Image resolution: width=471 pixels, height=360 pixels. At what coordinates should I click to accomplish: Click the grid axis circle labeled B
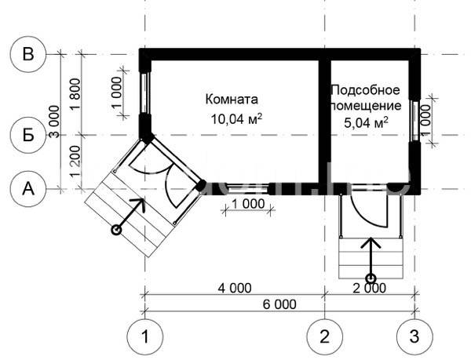28,54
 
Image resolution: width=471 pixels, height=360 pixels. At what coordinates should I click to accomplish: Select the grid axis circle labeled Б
28,136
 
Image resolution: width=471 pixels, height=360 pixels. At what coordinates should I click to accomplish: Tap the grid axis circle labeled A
28,189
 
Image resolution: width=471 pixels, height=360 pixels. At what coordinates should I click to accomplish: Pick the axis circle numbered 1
145,336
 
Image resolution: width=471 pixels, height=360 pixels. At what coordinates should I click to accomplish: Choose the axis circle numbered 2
325,336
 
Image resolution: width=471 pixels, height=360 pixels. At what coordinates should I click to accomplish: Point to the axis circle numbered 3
414,336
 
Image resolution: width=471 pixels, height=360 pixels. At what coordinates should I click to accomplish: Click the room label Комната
232,100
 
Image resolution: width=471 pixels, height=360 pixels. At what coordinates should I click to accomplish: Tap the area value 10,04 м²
236,118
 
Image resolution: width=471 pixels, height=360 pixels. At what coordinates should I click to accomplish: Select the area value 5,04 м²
366,122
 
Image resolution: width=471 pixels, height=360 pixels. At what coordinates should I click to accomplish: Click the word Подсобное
366,89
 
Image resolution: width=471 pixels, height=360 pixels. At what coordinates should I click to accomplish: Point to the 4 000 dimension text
235,288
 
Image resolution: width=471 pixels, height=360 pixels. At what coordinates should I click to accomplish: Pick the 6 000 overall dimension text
279,304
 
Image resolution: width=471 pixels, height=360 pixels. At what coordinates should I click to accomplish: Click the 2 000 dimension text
370,288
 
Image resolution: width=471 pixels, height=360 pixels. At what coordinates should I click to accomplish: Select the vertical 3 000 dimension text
54,122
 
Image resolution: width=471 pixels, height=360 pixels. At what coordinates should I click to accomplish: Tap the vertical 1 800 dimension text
75,94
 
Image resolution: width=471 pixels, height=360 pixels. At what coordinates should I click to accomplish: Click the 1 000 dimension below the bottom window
248,204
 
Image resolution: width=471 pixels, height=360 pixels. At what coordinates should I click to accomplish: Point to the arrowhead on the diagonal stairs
140,204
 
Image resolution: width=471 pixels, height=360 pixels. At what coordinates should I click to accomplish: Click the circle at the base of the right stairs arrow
371,278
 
